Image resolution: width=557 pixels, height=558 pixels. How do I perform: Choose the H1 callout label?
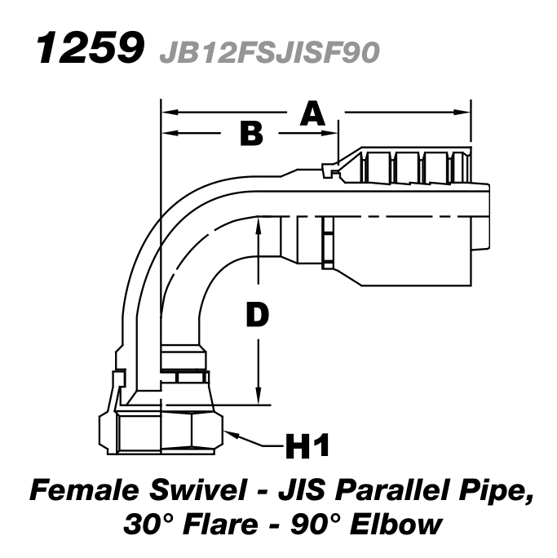coord(307,446)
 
